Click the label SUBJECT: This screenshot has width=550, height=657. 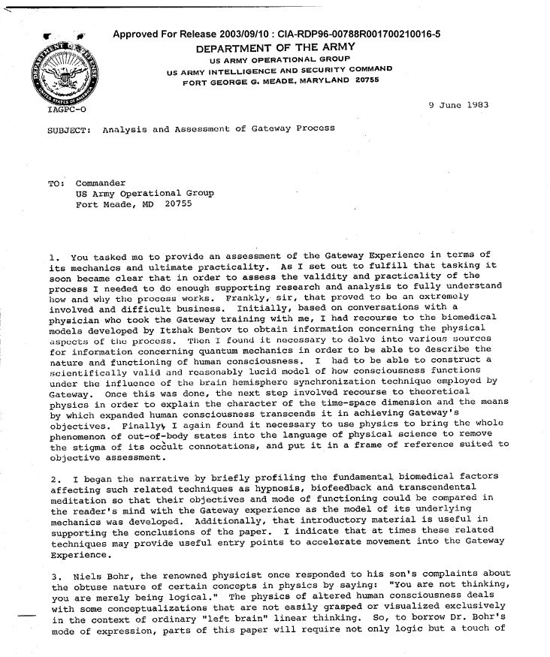pos(68,128)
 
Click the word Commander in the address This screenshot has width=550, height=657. pos(101,182)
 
